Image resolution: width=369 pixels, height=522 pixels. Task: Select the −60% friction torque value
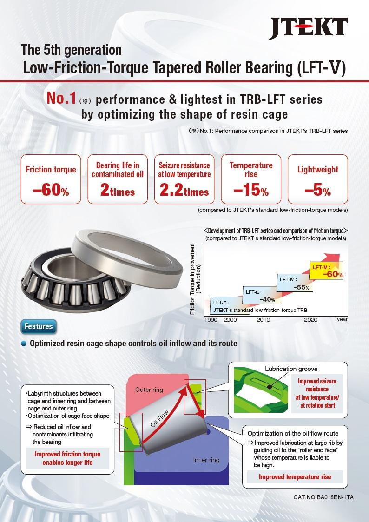pyautogui.click(x=51, y=191)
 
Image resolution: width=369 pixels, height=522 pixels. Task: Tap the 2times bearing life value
pyautogui.click(x=118, y=191)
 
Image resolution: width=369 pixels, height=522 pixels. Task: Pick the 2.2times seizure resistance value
pyautogui.click(x=184, y=191)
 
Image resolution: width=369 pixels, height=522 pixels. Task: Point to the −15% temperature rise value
pyautogui.click(x=251, y=191)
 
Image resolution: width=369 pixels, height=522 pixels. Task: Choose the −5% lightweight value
pyautogui.click(x=318, y=191)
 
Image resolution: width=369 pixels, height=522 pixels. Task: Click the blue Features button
pyautogui.click(x=39, y=326)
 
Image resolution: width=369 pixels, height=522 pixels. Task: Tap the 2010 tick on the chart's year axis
pyautogui.click(x=263, y=320)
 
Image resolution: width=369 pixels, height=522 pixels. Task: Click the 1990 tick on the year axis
pyautogui.click(x=211, y=320)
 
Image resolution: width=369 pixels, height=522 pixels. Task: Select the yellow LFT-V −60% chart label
pyautogui.click(x=327, y=271)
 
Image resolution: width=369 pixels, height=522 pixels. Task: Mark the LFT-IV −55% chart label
pyautogui.click(x=294, y=283)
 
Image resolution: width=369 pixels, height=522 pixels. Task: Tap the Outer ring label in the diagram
pyautogui.click(x=149, y=390)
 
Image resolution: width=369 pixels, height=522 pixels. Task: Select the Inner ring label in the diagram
pyautogui.click(x=206, y=460)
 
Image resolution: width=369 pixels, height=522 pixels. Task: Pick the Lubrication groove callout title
pyautogui.click(x=291, y=369)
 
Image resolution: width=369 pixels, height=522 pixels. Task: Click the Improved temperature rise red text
pyautogui.click(x=295, y=477)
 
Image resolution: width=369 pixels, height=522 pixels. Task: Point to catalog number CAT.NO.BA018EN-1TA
pyautogui.click(x=323, y=497)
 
